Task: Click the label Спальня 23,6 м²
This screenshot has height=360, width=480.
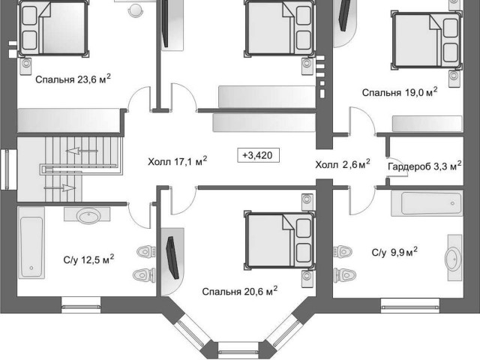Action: [73, 79]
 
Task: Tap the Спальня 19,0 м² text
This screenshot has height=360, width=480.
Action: [400, 92]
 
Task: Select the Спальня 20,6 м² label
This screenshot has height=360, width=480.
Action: [240, 291]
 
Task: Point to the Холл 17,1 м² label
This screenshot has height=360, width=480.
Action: [177, 161]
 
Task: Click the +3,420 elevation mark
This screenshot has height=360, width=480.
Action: [259, 155]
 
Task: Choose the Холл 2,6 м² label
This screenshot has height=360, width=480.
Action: [343, 165]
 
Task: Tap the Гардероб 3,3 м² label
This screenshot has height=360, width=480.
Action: [424, 166]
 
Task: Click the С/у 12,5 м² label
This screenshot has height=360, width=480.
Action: [88, 259]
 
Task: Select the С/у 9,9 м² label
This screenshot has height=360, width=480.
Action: [394, 252]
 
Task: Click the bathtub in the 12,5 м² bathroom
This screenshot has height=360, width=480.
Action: [31, 243]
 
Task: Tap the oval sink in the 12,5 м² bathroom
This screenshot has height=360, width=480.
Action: [88, 215]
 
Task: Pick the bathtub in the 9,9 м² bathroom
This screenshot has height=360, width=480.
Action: [427, 203]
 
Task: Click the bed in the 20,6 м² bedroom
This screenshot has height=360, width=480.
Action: [280, 240]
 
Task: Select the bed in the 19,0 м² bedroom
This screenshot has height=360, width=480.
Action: [427, 40]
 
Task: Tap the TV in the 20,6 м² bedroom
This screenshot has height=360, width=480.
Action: [172, 258]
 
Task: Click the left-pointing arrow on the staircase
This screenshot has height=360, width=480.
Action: [82, 151]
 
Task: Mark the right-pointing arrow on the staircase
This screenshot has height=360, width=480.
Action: [60, 187]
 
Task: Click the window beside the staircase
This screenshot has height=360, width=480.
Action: [5, 170]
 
